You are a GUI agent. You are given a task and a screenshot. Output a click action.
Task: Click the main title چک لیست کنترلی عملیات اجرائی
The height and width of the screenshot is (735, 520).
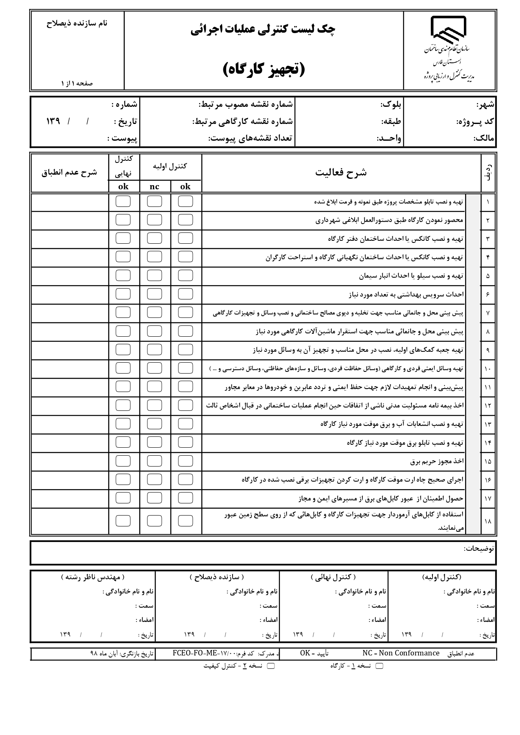(263, 30)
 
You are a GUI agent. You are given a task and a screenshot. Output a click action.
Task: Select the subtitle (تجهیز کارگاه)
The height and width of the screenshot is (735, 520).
(263, 70)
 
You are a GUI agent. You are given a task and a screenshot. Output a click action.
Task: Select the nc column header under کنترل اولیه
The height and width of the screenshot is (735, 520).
(154, 187)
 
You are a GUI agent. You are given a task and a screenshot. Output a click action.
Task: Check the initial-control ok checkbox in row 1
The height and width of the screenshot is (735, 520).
(185, 201)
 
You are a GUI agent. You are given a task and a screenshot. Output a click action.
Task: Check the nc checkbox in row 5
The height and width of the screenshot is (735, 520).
(154, 276)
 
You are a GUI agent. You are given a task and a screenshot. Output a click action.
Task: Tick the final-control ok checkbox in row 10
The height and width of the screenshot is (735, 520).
(123, 368)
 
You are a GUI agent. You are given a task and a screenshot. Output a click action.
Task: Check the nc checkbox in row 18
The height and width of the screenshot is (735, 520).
(154, 521)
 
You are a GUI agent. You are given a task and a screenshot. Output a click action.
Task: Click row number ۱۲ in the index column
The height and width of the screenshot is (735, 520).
(488, 405)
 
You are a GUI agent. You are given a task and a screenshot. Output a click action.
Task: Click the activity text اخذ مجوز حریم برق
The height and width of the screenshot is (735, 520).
(437, 461)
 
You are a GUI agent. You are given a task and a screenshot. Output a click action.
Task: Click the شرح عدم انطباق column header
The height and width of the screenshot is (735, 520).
(69, 173)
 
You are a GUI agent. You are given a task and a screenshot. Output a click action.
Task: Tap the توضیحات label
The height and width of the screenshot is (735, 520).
(479, 548)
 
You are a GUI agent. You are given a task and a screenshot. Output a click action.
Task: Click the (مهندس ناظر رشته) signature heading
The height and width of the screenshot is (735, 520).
(93, 577)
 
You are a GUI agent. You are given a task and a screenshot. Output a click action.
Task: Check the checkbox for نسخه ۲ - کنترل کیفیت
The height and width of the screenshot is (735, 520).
(271, 666)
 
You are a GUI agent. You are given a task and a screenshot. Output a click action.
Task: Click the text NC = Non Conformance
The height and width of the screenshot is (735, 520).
(401, 653)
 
